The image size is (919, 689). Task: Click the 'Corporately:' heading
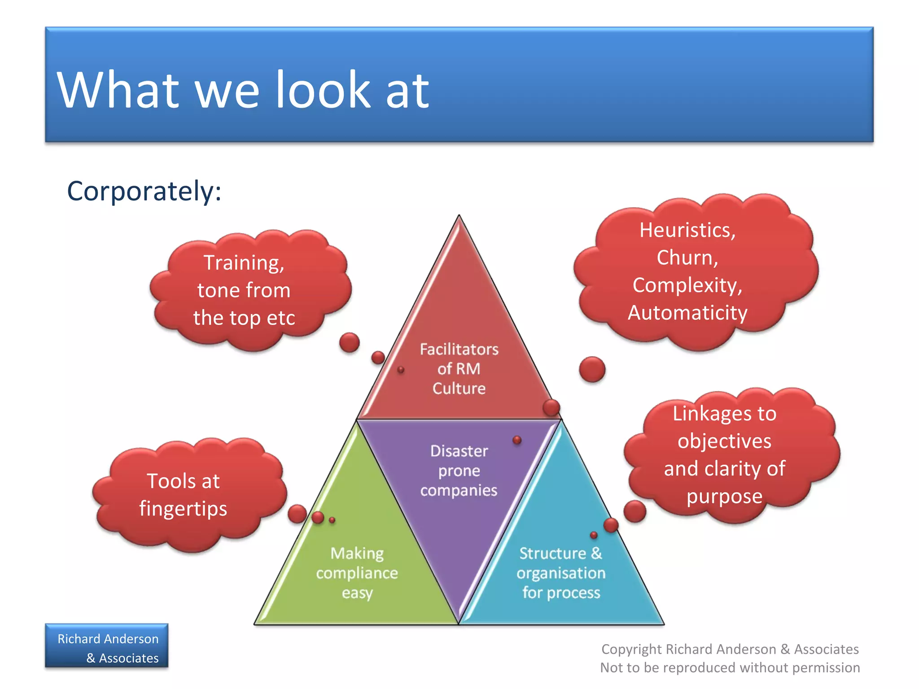[144, 192]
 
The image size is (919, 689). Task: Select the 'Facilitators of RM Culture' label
[459, 369]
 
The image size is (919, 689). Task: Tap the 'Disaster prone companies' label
[459, 471]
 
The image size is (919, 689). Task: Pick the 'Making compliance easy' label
[357, 573]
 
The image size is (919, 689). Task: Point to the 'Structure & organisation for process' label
[561, 573]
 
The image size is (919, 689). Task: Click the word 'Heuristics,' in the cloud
[687, 231]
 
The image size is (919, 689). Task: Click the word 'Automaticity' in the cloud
[687, 313]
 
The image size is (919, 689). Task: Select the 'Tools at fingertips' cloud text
[183, 495]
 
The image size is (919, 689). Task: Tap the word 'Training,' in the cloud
[244, 263]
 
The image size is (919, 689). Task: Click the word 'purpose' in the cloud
[724, 497]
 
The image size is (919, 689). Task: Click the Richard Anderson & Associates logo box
[107, 646]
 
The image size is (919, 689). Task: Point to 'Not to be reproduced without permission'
[730, 668]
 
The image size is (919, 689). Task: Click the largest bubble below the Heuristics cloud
[592, 369]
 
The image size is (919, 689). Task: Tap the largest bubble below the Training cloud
[349, 343]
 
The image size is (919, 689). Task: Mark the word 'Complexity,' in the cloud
[687, 285]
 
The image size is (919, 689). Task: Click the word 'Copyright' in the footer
[631, 649]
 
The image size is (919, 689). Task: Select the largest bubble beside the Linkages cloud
[635, 511]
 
